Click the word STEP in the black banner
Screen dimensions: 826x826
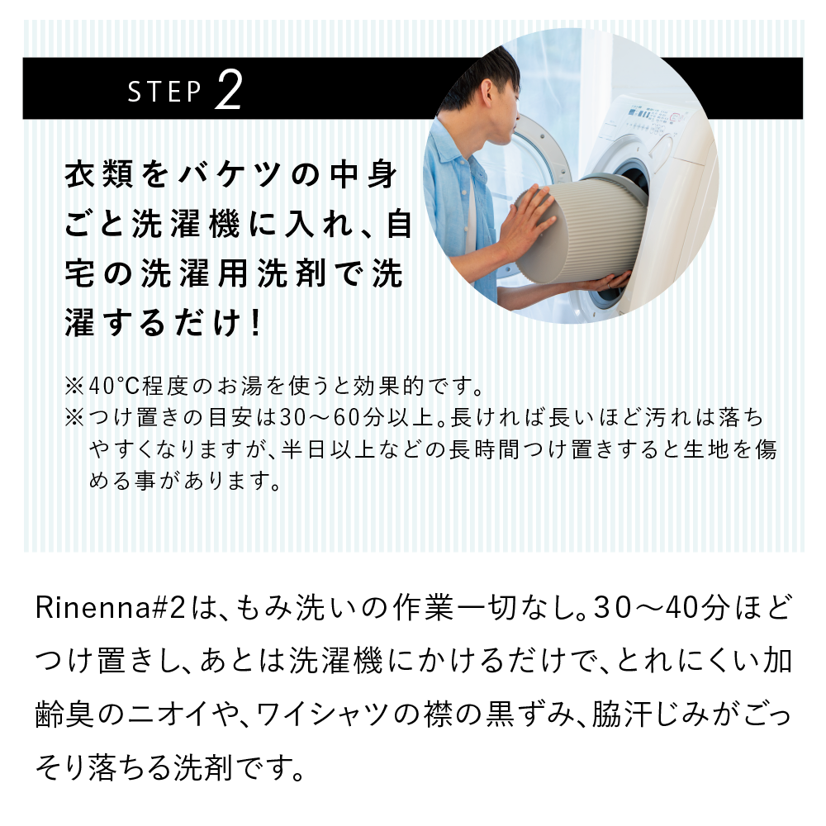[x=164, y=93]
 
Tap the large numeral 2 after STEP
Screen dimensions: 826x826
[x=227, y=90]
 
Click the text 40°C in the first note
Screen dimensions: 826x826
[x=114, y=386]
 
